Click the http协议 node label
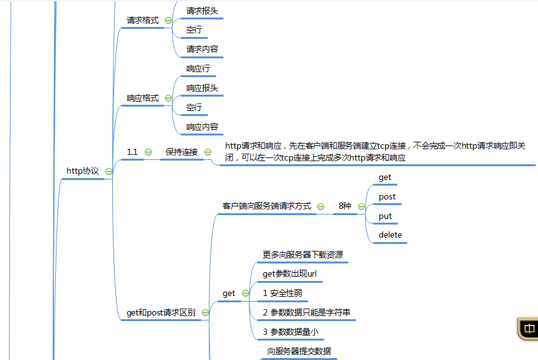coord(83,171)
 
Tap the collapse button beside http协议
coord(108,171)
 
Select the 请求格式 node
coord(142,21)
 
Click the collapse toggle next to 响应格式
coord(168,98)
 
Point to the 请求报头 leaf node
coord(202,11)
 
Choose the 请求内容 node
coord(202,50)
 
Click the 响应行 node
coord(198,69)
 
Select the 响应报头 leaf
coord(202,88)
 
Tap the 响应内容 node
coord(202,127)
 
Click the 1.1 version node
coord(132,152)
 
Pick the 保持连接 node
coord(181,152)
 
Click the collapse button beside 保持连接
coord(208,152)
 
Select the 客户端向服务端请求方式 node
coord(266,206)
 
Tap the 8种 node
coord(345,206)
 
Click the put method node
coord(385,216)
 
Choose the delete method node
coord(390,236)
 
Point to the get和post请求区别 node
coord(161,312)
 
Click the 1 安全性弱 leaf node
coord(285,294)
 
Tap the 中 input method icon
coord(529,329)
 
